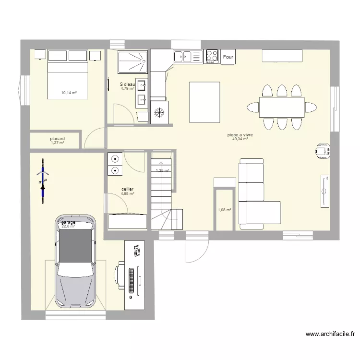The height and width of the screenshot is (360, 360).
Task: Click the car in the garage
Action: point(75,262)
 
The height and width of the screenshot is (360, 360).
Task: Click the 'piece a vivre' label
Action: point(240,135)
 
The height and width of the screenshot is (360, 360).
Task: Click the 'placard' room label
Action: point(57,139)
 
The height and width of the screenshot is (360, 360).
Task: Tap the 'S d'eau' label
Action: point(127,84)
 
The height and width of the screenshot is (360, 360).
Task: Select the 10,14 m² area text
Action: point(69,93)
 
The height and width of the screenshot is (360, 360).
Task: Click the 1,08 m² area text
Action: point(224,210)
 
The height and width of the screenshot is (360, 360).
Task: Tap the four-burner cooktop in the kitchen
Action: point(211,56)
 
